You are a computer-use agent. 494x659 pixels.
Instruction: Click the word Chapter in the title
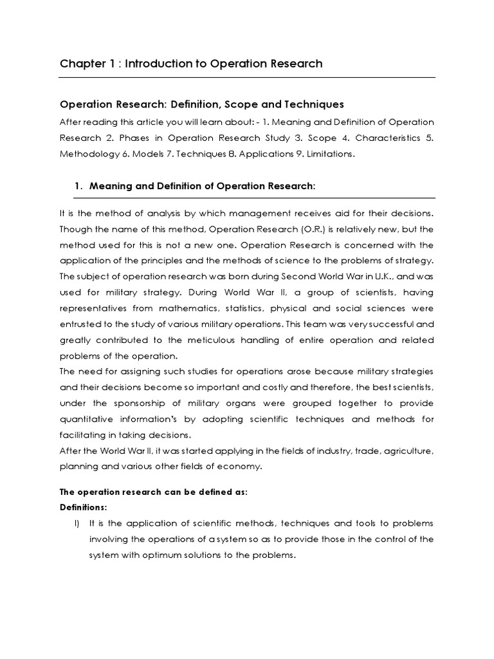[80, 64]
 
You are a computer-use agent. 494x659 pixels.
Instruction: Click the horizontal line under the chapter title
[247, 78]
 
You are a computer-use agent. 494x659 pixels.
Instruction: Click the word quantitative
[87, 419]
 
